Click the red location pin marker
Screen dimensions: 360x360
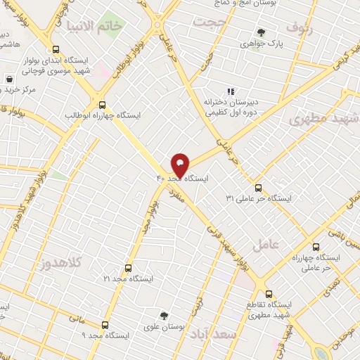181,164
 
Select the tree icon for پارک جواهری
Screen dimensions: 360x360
262,32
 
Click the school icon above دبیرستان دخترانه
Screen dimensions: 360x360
229,91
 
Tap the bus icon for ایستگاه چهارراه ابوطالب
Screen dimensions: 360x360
102,103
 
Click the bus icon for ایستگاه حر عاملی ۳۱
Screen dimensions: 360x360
258,188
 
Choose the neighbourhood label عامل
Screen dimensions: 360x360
285,243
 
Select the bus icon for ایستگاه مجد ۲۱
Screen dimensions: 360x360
128,268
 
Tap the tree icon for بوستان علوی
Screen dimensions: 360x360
164,316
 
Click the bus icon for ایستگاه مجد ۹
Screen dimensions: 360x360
105,325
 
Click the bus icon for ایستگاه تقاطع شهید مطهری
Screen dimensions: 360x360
269,295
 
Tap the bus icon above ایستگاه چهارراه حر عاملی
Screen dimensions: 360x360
316,247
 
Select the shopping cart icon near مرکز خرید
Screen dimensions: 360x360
8,79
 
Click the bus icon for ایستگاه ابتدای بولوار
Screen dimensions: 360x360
56,49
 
